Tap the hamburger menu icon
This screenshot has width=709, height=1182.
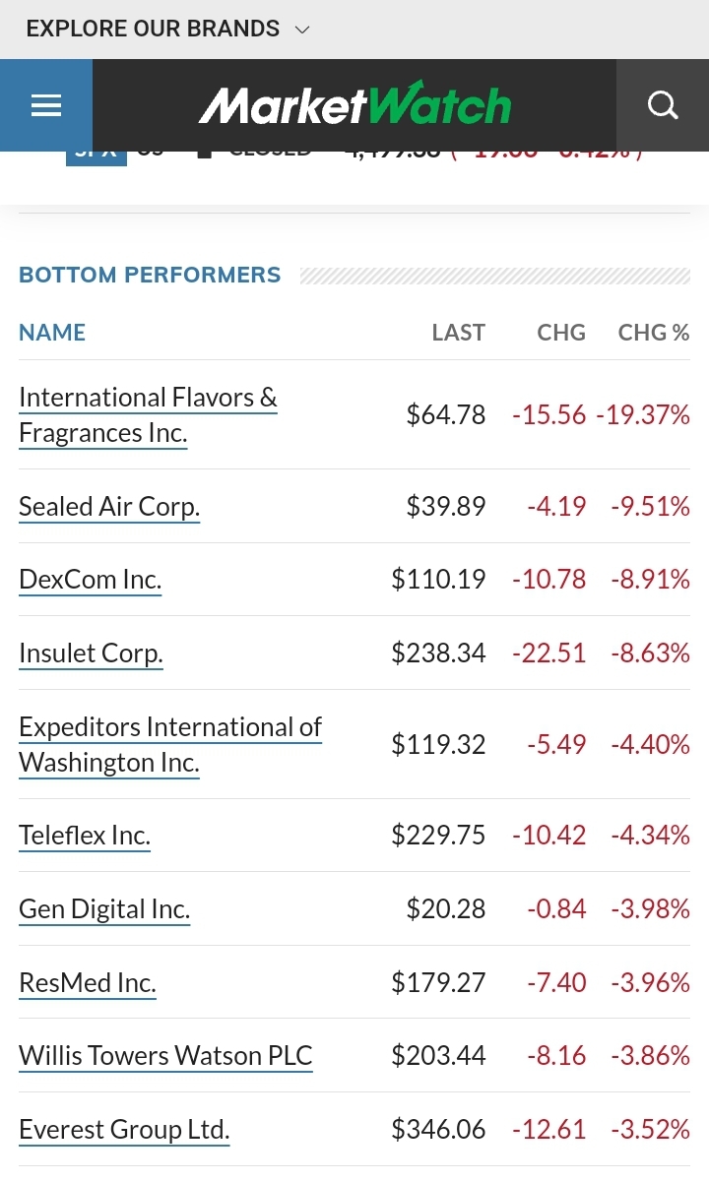click(x=46, y=105)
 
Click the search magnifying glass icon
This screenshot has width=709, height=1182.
click(x=663, y=105)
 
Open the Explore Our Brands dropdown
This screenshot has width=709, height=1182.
click(x=167, y=30)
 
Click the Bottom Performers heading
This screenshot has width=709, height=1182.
click(x=150, y=276)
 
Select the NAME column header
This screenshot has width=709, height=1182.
click(x=52, y=333)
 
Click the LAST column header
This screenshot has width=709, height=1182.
click(x=458, y=333)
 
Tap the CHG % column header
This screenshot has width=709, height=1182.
click(x=653, y=333)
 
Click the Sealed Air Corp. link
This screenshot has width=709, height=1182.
click(x=109, y=506)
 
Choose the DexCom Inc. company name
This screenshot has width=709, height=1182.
click(x=90, y=580)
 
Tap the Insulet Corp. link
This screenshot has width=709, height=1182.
click(x=91, y=653)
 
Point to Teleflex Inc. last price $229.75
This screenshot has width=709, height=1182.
click(x=438, y=836)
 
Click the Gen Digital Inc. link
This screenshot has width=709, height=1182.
click(x=104, y=909)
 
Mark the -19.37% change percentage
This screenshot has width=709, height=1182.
click(x=643, y=415)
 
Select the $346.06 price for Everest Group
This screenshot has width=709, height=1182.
click(x=438, y=1129)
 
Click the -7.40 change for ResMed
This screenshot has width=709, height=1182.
click(x=556, y=982)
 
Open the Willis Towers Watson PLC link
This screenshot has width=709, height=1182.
click(x=165, y=1056)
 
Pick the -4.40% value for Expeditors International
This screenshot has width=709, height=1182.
click(x=650, y=745)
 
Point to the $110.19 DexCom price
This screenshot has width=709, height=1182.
click(x=438, y=580)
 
